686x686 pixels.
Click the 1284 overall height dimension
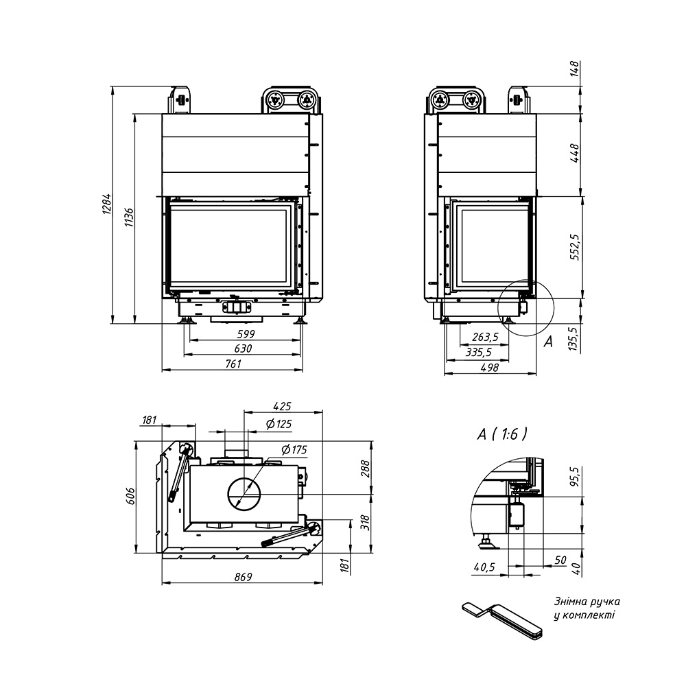tap(107, 204)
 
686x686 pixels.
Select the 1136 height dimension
tap(129, 217)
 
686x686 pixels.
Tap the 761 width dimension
tap(233, 364)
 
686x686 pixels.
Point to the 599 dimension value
tap(246, 334)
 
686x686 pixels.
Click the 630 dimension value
tap(243, 348)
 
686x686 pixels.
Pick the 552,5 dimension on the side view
tap(575, 247)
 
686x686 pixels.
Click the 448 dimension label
tap(575, 153)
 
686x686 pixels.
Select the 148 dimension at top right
tap(575, 69)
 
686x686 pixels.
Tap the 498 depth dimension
tap(490, 368)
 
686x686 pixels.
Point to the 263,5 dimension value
tap(485, 337)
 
